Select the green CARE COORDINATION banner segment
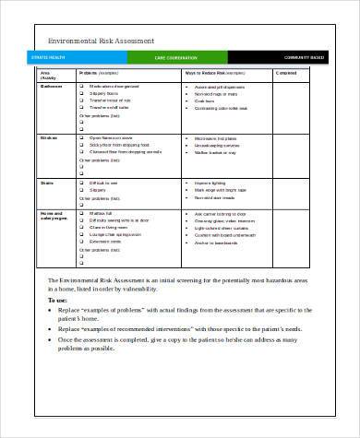pos(176,57)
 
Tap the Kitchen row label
pos(50,136)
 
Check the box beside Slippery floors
pos(82,93)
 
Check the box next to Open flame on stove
pos(82,136)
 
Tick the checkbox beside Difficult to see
pos(82,182)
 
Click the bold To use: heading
pos(56,300)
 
